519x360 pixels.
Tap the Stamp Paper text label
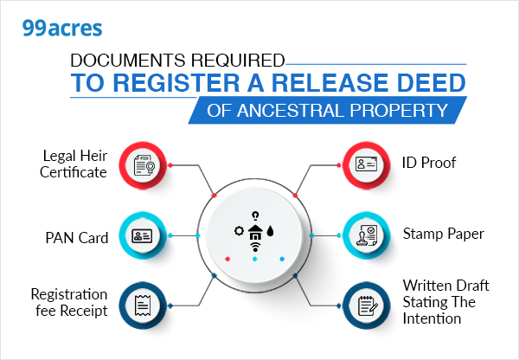click(443, 235)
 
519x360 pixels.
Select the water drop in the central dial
click(271, 232)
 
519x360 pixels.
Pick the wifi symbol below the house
click(254, 247)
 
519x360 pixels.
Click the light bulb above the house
click(254, 215)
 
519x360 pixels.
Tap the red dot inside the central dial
click(227, 258)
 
